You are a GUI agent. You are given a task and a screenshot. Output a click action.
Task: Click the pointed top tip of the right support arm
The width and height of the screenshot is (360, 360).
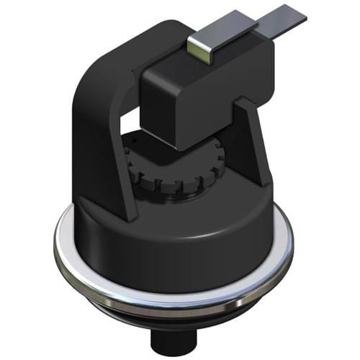[240, 101]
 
